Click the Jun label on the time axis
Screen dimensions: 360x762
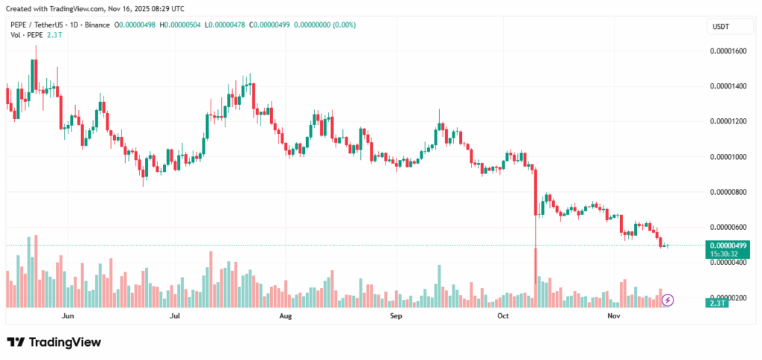[x=68, y=316]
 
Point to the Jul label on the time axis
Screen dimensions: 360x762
[x=176, y=316]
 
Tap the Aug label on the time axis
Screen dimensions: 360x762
[x=285, y=316]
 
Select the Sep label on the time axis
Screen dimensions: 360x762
[x=396, y=316]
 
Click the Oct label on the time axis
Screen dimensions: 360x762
[x=503, y=316]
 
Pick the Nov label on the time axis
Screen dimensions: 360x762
[x=613, y=316]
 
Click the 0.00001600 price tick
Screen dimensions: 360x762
[x=729, y=51]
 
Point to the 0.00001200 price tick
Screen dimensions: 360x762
[x=729, y=121]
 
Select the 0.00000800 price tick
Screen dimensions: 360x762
[x=729, y=192]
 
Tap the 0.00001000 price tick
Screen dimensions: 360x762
[x=729, y=157]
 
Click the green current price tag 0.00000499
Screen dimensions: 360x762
[x=728, y=245]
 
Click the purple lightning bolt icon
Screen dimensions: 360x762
[x=668, y=300]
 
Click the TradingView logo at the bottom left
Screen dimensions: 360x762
[x=54, y=342]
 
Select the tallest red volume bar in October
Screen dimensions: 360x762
[x=536, y=277]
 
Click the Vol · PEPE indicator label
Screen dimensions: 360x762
[x=26, y=35]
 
